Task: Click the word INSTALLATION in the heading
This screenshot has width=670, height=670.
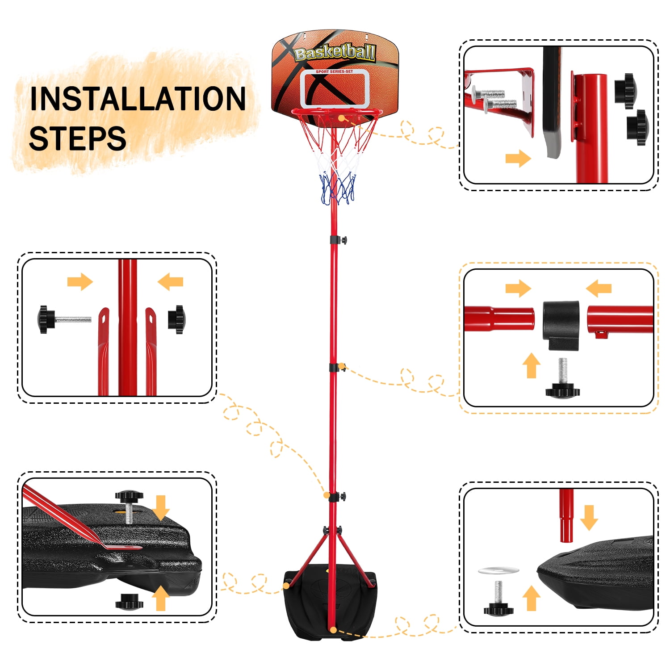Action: click(x=138, y=99)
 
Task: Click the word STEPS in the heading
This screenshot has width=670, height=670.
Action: click(x=77, y=138)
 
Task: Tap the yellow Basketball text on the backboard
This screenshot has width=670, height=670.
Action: click(x=335, y=53)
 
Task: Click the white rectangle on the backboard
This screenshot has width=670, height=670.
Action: click(x=335, y=89)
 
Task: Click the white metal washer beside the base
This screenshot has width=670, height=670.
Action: click(x=498, y=570)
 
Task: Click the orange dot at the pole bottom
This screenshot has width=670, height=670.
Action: click(x=334, y=630)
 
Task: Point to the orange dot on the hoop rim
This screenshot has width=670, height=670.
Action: click(x=341, y=118)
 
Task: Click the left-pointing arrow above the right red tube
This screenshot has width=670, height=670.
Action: click(x=599, y=288)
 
